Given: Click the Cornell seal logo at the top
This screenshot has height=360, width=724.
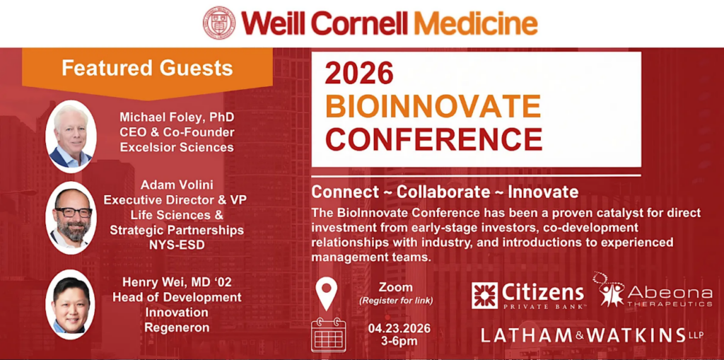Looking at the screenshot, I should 218,22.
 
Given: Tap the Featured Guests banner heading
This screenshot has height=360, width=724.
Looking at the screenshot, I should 147,68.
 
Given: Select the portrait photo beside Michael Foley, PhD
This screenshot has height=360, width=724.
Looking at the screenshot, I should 71,136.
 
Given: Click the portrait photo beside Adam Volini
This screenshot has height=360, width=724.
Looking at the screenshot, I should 71,217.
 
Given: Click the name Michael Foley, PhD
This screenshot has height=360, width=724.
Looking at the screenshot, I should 176,116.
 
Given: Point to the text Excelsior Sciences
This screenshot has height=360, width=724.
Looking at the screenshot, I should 176,147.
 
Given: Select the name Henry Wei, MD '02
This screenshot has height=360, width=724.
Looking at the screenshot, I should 177,282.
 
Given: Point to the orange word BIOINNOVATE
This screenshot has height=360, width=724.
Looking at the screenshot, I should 433,106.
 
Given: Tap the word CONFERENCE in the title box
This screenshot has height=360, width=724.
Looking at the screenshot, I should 433,139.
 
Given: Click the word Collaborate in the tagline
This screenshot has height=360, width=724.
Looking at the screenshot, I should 443,192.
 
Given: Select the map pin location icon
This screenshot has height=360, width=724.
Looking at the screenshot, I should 327,294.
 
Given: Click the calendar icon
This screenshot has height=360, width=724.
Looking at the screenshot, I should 328,335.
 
